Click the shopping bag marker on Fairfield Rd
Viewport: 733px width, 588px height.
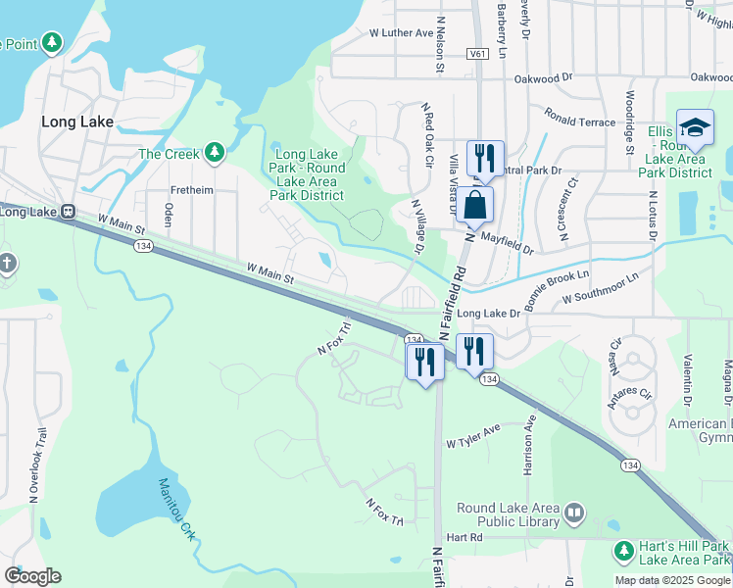pyautogui.click(x=475, y=206)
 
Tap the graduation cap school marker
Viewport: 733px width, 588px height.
pyautogui.click(x=695, y=128)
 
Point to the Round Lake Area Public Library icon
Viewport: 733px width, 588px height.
pyautogui.click(x=574, y=512)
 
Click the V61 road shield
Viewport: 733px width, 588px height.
pyautogui.click(x=477, y=54)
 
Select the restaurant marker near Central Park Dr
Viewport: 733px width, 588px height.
pyautogui.click(x=484, y=158)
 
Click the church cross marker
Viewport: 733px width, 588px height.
pyautogui.click(x=7, y=263)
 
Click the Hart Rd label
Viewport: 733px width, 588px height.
pyautogui.click(x=464, y=537)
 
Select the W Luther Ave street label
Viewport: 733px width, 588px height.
pyautogui.click(x=401, y=32)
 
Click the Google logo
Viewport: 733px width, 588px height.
pyautogui.click(x=32, y=575)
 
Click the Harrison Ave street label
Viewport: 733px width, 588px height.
pyautogui.click(x=530, y=445)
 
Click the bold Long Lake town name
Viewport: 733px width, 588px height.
pyautogui.click(x=77, y=122)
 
